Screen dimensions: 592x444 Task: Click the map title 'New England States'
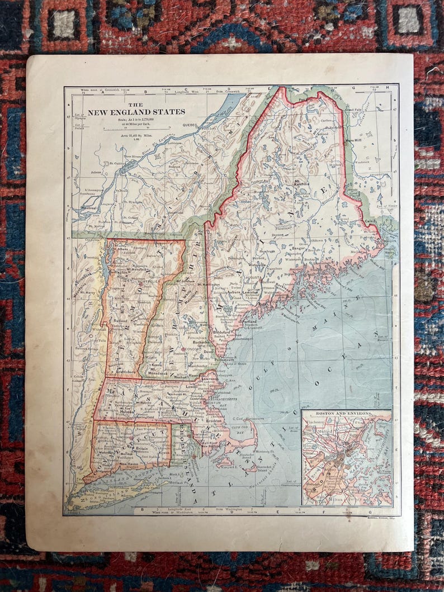pyautogui.click(x=136, y=111)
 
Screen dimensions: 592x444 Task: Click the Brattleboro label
pyautogui.click(x=127, y=371)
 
